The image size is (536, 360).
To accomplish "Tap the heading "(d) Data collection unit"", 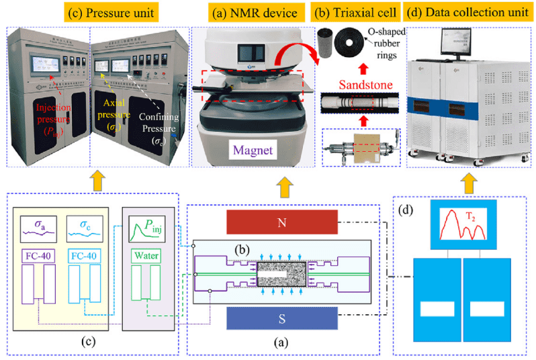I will click(467, 11).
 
